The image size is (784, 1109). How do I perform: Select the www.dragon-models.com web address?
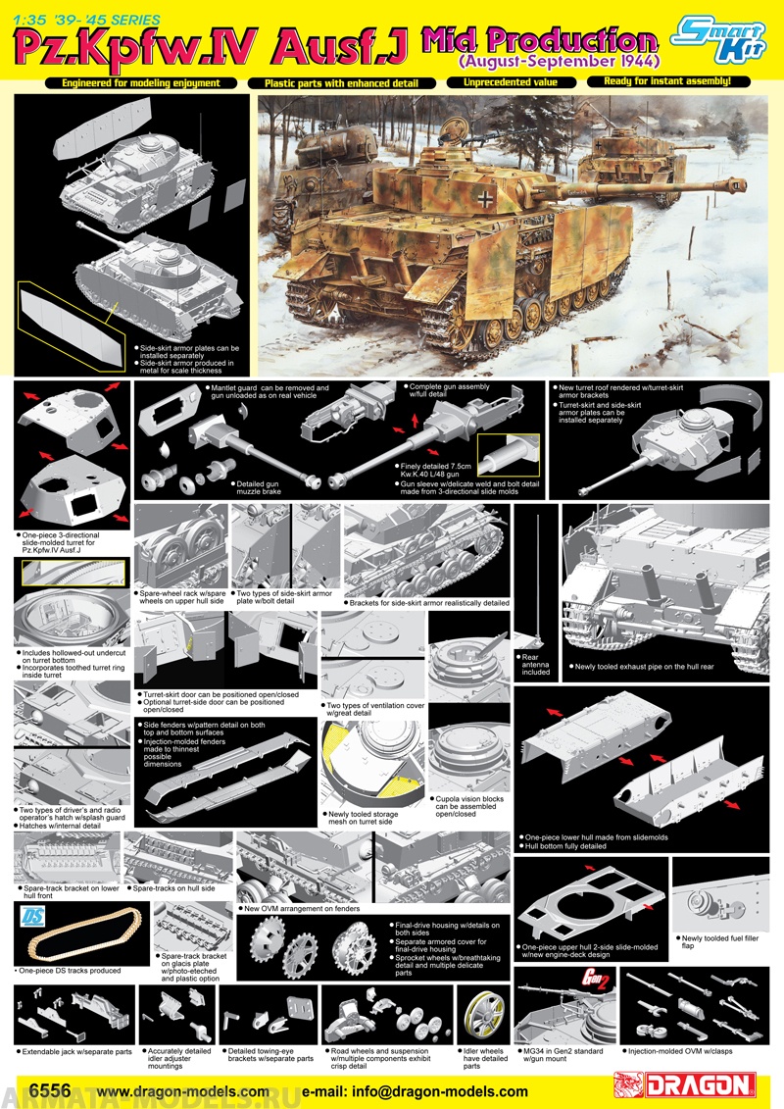point(183,1091)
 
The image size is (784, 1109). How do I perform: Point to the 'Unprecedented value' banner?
point(511,83)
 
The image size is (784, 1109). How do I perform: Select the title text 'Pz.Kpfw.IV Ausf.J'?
point(206,44)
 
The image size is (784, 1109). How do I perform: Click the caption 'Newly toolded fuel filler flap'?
point(710,942)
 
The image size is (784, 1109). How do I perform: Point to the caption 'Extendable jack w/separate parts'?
point(74,1051)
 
